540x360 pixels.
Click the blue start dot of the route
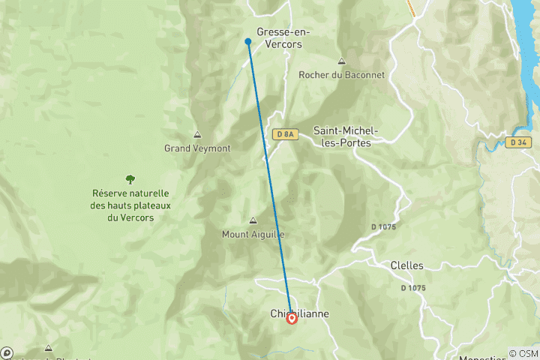click(x=247, y=41)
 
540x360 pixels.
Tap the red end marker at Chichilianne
click(x=292, y=319)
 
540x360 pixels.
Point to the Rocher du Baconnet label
click(x=341, y=75)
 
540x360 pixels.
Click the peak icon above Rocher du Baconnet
click(x=341, y=61)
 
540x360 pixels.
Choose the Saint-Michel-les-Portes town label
click(x=346, y=136)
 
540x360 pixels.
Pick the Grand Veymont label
click(x=197, y=148)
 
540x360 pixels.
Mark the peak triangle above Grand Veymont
click(x=197, y=135)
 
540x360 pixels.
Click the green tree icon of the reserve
click(x=130, y=179)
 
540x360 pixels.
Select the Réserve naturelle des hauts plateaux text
click(x=130, y=205)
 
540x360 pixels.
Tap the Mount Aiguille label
click(x=253, y=234)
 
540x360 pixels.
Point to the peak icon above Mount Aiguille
click(x=253, y=220)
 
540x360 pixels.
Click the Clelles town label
click(x=407, y=265)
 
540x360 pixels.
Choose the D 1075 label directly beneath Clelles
click(x=413, y=288)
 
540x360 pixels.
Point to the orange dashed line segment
click(x=411, y=7)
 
